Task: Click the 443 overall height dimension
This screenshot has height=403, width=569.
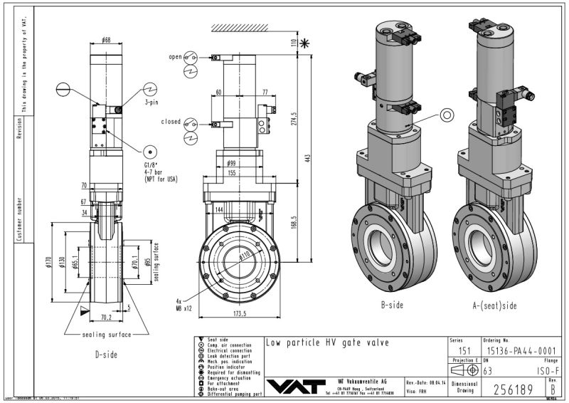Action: point(308,157)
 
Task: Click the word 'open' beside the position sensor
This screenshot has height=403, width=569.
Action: point(175,56)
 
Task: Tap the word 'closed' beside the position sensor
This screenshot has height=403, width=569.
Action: point(171,122)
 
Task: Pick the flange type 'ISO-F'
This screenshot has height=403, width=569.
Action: point(543,371)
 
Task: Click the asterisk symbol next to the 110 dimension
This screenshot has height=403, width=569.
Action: point(307,43)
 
